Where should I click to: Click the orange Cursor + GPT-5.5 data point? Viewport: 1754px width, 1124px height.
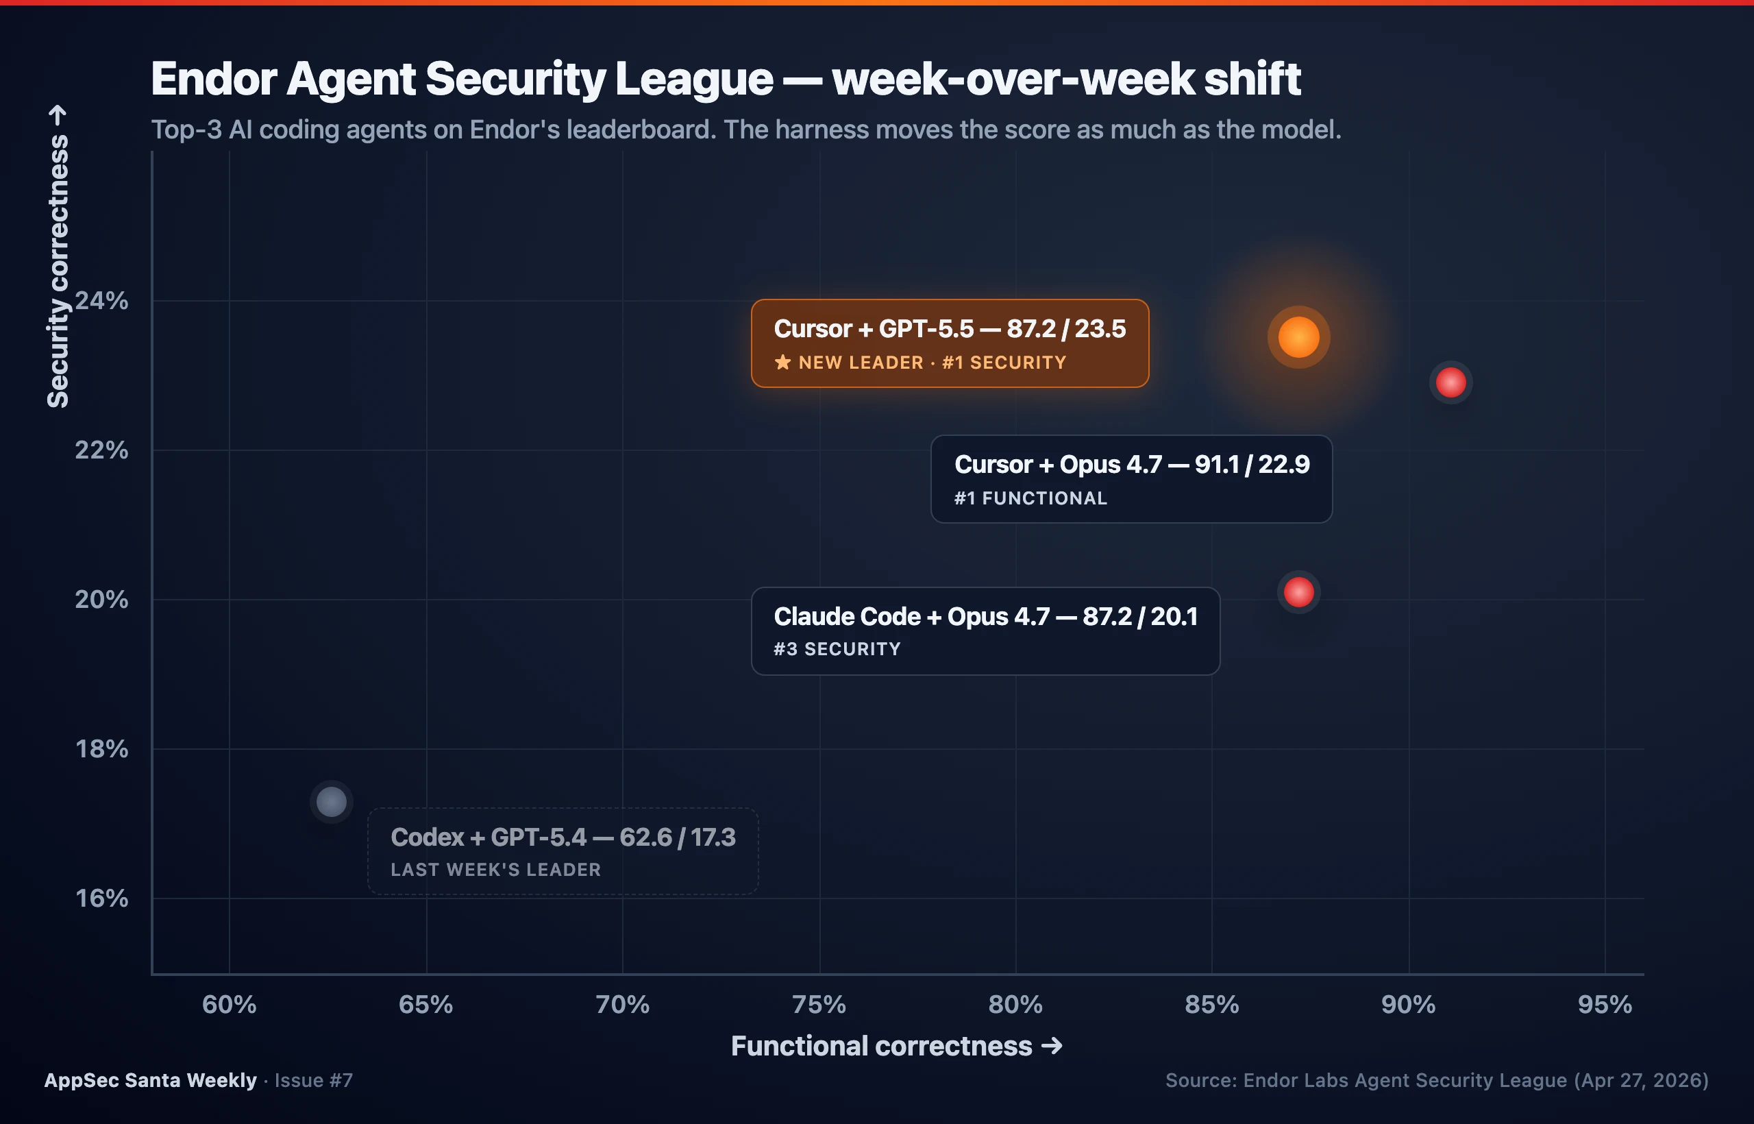pos(1299,337)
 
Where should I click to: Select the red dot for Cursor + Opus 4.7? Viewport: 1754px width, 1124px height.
pos(1450,382)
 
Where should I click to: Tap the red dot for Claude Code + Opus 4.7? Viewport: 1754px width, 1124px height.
pos(1299,592)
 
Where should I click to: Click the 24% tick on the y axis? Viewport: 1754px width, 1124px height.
pos(101,301)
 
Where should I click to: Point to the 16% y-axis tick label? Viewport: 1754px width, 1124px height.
pos(101,899)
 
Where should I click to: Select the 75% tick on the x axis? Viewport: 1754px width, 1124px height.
pos(819,1005)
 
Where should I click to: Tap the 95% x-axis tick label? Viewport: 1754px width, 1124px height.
pos(1605,1005)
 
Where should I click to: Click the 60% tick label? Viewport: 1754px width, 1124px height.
pos(229,1005)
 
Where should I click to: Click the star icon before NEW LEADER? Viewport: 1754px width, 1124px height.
pos(782,362)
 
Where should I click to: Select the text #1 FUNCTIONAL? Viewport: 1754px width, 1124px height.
pos(1030,498)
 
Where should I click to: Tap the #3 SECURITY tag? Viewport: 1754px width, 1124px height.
pos(837,649)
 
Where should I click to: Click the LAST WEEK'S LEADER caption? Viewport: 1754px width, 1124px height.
pos(495,870)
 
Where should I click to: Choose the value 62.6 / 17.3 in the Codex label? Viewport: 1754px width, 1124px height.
pos(677,837)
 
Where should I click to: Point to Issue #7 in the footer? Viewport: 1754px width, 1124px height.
pos(314,1080)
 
